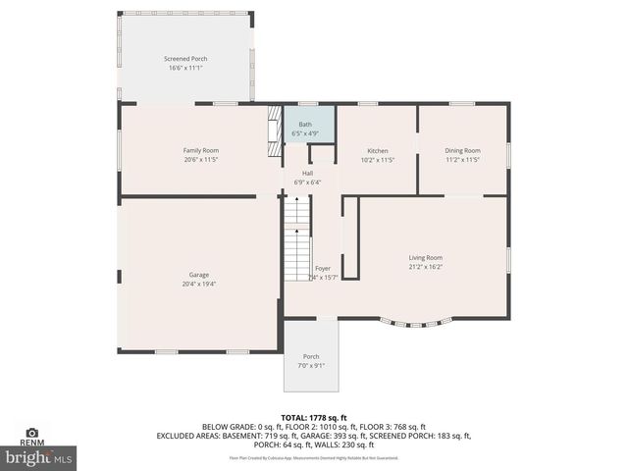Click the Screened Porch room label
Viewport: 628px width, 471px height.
tap(185, 59)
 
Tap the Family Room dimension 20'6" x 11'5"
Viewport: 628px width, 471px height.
tap(200, 159)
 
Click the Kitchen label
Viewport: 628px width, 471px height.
tap(377, 150)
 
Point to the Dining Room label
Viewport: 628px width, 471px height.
tap(463, 150)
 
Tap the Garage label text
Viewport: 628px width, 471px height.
tap(199, 275)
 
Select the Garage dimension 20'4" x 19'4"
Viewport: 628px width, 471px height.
tap(199, 285)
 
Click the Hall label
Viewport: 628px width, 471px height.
tap(307, 173)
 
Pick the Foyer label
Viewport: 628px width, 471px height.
tap(323, 268)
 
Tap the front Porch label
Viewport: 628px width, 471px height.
tap(311, 356)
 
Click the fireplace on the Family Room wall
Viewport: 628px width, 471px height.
tap(274, 133)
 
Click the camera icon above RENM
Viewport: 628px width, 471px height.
tap(31, 432)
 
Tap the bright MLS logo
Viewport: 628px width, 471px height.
tap(39, 457)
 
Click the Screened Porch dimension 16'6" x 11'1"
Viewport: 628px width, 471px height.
tap(185, 69)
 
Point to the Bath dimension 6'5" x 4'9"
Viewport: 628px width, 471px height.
tap(305, 134)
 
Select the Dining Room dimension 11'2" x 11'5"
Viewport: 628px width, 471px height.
tap(463, 159)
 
